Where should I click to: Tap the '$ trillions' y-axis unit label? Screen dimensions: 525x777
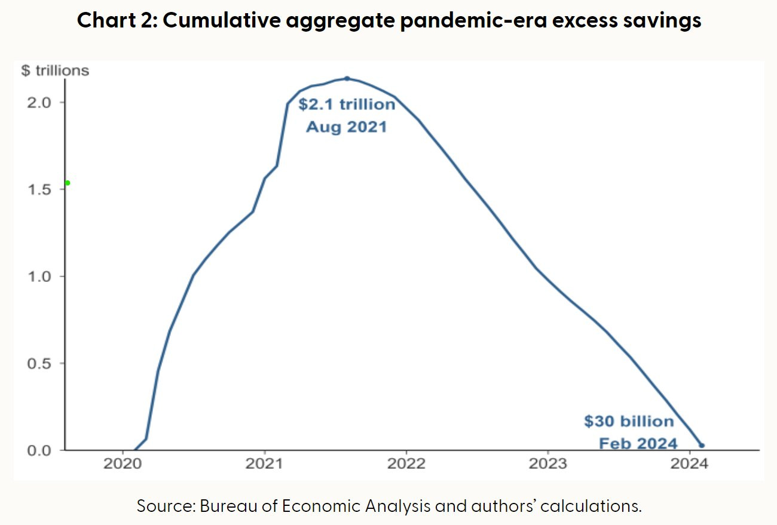click(55, 71)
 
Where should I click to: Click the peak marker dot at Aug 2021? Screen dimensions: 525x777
click(347, 78)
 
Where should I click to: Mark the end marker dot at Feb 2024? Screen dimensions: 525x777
click(702, 446)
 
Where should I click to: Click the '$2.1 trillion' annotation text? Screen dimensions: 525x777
click(347, 105)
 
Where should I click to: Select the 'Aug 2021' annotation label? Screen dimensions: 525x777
click(347, 127)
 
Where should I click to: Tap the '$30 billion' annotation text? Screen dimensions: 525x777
click(629, 422)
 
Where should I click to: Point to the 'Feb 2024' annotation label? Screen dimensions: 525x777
click(638, 443)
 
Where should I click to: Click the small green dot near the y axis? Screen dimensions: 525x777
click(68, 183)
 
